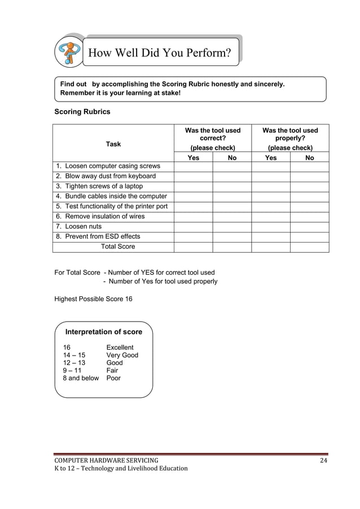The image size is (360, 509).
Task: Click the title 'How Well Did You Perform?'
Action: (159, 54)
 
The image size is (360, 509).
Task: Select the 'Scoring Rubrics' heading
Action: (82, 112)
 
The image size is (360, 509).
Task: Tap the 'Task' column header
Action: (113, 144)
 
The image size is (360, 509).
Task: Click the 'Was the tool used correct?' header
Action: (213, 134)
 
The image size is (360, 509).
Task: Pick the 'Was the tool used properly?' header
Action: (290, 134)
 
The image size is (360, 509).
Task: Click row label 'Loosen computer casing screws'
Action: (108, 166)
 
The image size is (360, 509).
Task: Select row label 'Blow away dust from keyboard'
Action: (106, 176)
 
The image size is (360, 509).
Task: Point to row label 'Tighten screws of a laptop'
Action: (99, 186)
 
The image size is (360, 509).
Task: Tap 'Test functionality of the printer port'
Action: (112, 206)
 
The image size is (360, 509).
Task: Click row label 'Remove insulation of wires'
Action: (100, 216)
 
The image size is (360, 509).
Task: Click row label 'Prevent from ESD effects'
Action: (98, 236)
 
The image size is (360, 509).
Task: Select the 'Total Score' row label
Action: (118, 247)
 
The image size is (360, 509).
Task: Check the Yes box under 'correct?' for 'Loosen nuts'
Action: (193, 226)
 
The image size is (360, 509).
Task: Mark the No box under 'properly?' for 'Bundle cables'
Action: (309, 196)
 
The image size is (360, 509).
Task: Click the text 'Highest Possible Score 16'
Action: (94, 299)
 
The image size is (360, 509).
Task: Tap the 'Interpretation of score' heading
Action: (104, 332)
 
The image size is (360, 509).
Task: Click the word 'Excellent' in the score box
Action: (120, 347)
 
